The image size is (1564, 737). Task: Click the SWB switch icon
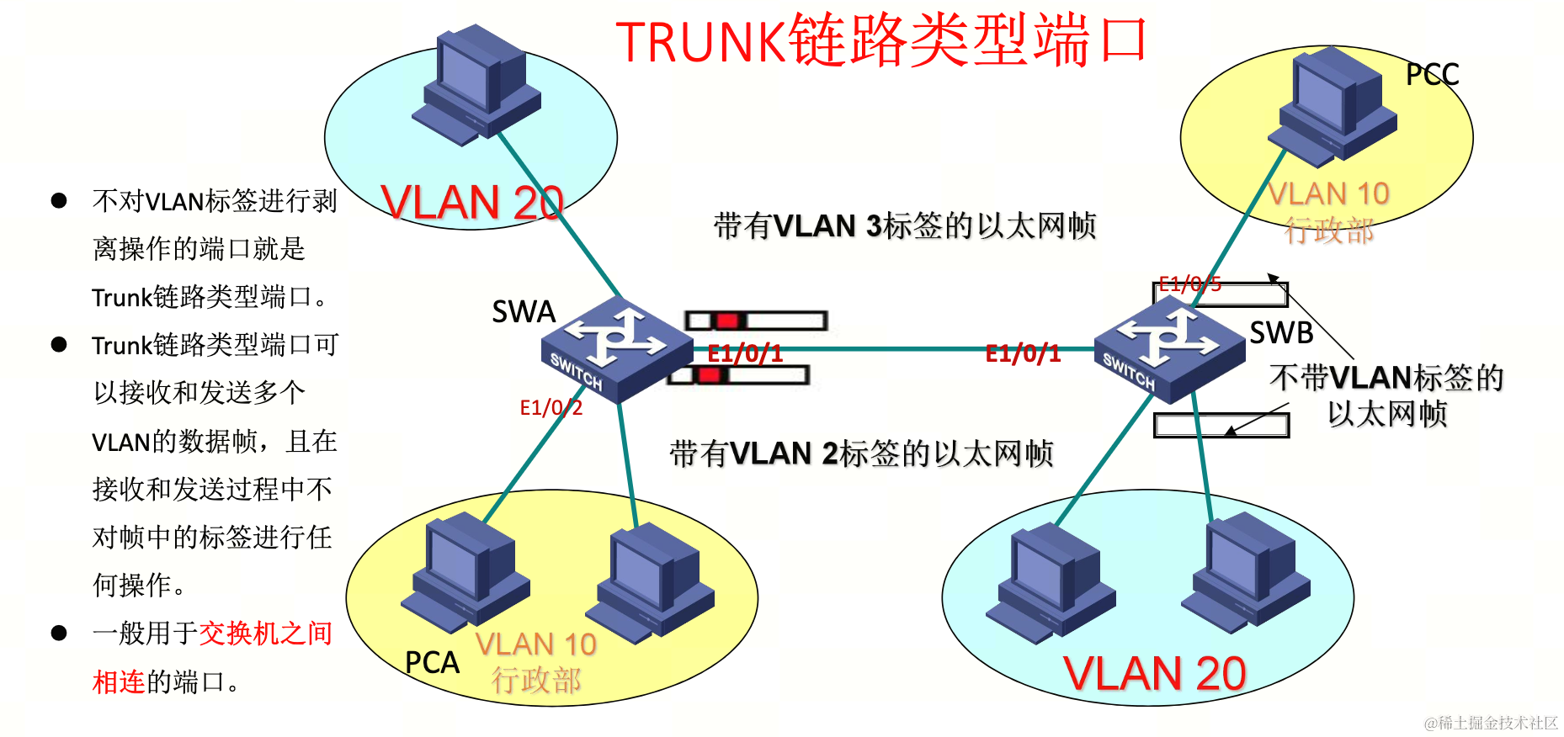(1169, 347)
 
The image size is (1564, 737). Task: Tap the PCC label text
(1432, 75)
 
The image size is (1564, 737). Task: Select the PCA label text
(432, 663)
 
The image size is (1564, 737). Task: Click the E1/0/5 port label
(1189, 284)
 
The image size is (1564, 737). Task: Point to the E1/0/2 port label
(551, 408)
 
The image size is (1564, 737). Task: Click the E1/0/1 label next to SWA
(745, 353)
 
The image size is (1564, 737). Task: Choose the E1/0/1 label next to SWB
(1023, 353)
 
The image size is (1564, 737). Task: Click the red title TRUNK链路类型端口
(881, 40)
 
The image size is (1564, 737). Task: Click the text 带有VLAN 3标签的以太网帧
(905, 226)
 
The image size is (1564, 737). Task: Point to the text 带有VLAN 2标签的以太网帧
(861, 453)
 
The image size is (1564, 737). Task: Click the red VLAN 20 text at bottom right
(1154, 674)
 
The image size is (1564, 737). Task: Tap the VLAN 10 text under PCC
(1328, 194)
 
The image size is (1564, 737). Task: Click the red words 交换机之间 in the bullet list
(265, 634)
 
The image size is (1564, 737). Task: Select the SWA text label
(524, 312)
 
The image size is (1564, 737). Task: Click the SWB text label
(1281, 333)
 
